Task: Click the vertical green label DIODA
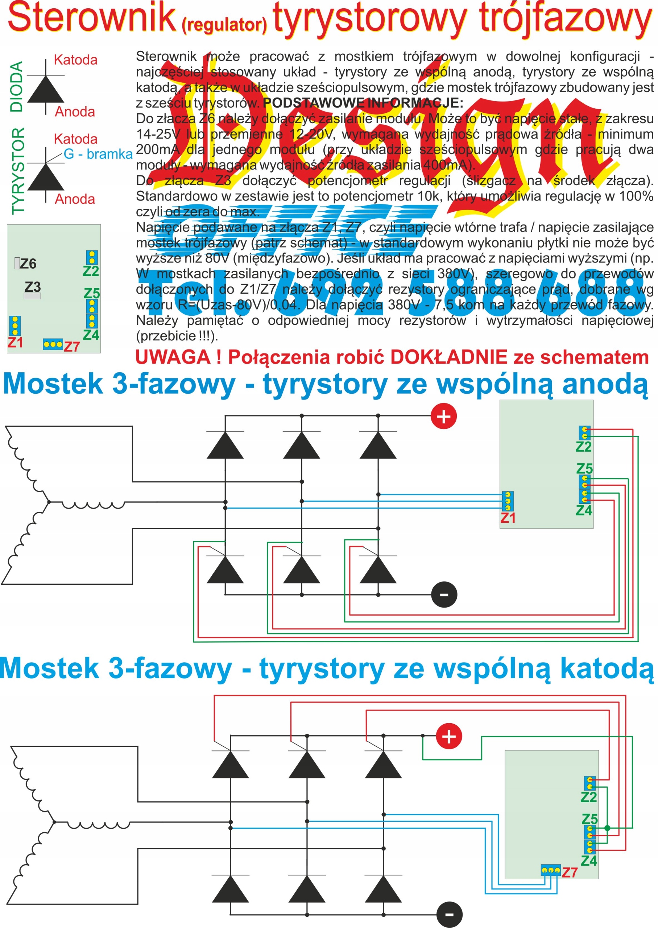17,87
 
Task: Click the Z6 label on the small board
28,264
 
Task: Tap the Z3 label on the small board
33,287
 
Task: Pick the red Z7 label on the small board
72,347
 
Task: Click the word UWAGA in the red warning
173,358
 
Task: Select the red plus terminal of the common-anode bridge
443,417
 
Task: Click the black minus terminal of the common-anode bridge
444,594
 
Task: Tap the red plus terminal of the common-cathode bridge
448,736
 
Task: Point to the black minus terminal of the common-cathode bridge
449,914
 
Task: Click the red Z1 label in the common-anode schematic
508,518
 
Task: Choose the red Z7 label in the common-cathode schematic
569,872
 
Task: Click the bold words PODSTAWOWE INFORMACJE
363,103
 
